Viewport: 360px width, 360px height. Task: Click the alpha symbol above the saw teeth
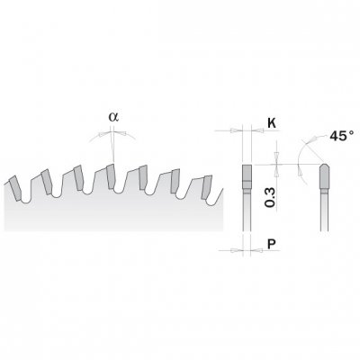(113, 117)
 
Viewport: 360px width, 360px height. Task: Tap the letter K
(272, 123)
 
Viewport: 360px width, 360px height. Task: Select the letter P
(272, 245)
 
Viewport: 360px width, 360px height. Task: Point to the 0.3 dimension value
(270, 197)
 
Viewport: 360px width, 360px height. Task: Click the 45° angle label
(341, 136)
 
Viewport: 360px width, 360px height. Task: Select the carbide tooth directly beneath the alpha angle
(111, 176)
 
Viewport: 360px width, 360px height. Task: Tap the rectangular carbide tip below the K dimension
(247, 177)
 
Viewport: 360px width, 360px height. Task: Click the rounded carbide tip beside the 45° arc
(325, 176)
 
